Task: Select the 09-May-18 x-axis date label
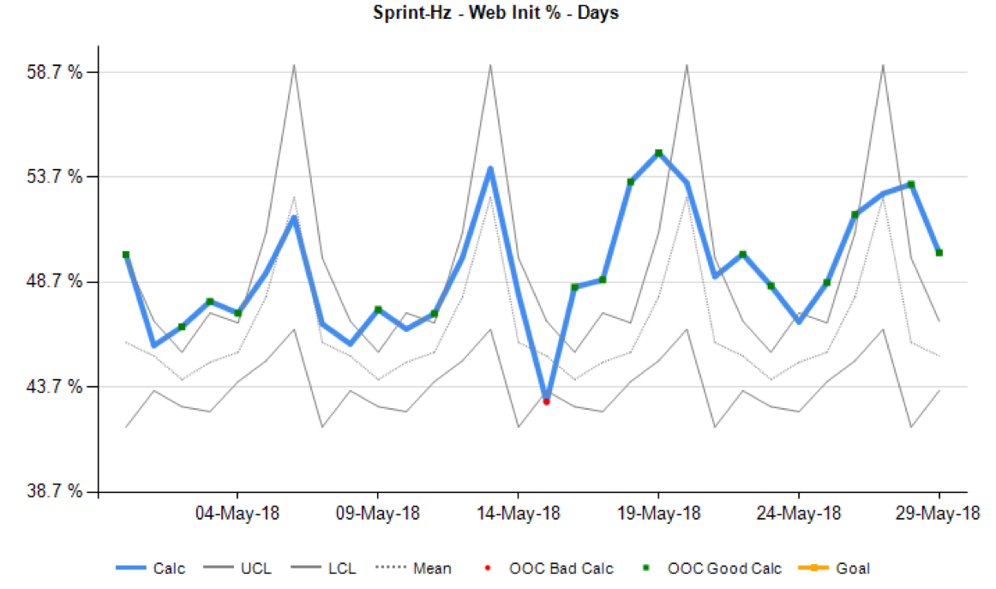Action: tap(377, 514)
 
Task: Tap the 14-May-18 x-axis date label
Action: tap(518, 514)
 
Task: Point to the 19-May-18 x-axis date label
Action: tap(658, 514)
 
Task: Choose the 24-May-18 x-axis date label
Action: tap(799, 514)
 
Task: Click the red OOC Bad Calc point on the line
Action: tap(546, 401)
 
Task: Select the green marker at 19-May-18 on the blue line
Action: tap(658, 153)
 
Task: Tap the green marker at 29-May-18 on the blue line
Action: tap(939, 253)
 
